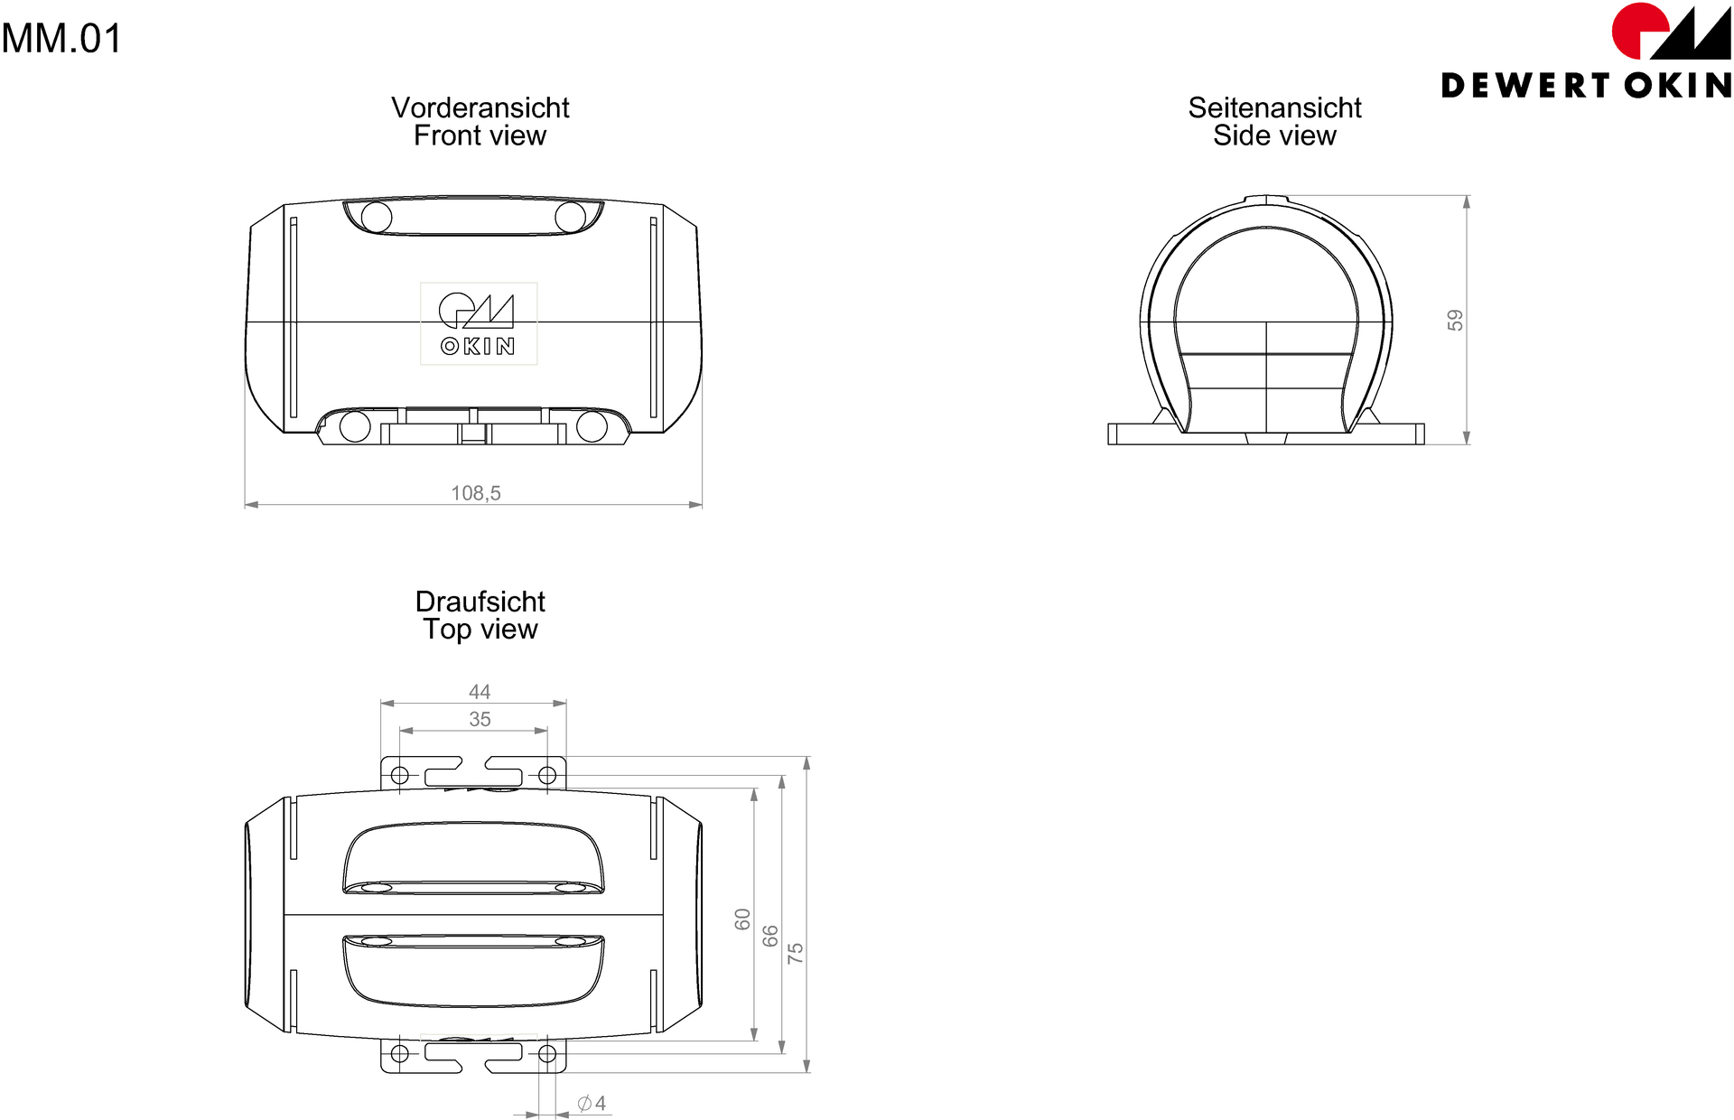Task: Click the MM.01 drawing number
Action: point(61,39)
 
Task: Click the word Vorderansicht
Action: point(480,107)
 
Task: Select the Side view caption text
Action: point(1274,135)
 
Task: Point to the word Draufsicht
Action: point(480,602)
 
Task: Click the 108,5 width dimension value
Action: point(476,493)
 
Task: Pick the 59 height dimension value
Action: point(1455,321)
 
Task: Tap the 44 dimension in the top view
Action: point(480,692)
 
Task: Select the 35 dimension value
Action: point(480,719)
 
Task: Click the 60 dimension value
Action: point(742,919)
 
